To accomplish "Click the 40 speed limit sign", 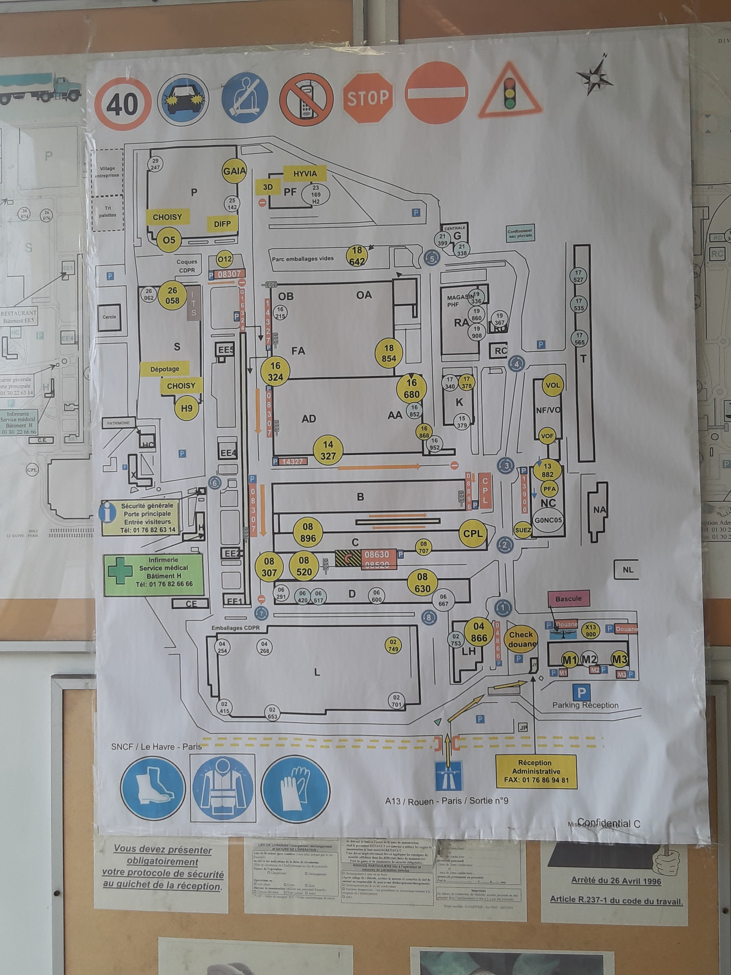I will tap(123, 104).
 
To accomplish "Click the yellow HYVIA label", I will tap(305, 174).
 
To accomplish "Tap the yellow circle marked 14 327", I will tap(328, 450).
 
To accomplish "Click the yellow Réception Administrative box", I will tap(536, 771).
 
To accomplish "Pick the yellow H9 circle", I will tap(187, 408).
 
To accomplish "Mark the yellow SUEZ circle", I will tap(523, 530).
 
